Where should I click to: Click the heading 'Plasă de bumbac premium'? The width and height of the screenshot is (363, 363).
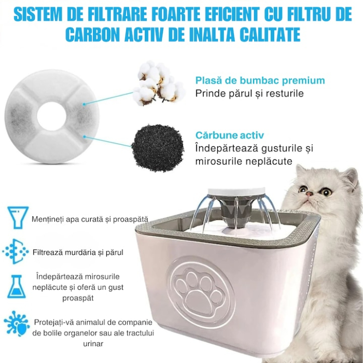point(260,80)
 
